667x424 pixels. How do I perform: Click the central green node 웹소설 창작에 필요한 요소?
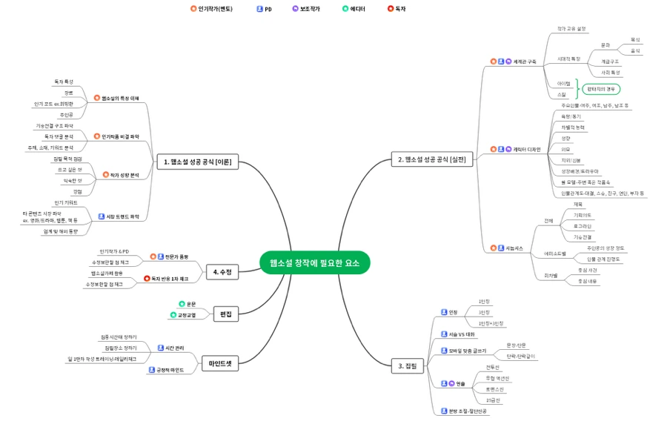coord(314,262)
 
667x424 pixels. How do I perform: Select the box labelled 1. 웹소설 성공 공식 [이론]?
coord(198,162)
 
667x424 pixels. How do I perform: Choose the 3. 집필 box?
coord(408,365)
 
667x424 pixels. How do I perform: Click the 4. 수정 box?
coord(222,272)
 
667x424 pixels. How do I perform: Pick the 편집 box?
coord(225,314)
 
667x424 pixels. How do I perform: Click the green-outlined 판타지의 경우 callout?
coord(601,89)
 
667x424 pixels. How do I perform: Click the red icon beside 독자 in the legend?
coord(391,9)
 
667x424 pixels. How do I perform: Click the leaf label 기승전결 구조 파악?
coord(54,126)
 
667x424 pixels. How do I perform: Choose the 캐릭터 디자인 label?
coord(527,150)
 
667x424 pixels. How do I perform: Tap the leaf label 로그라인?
coord(582,225)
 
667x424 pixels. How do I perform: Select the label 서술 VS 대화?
coord(461,334)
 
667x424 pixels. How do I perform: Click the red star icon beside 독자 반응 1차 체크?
coord(146,279)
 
